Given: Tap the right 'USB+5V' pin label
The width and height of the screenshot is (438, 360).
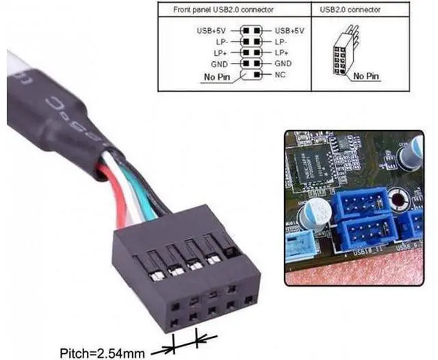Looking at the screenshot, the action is tap(289, 31).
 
